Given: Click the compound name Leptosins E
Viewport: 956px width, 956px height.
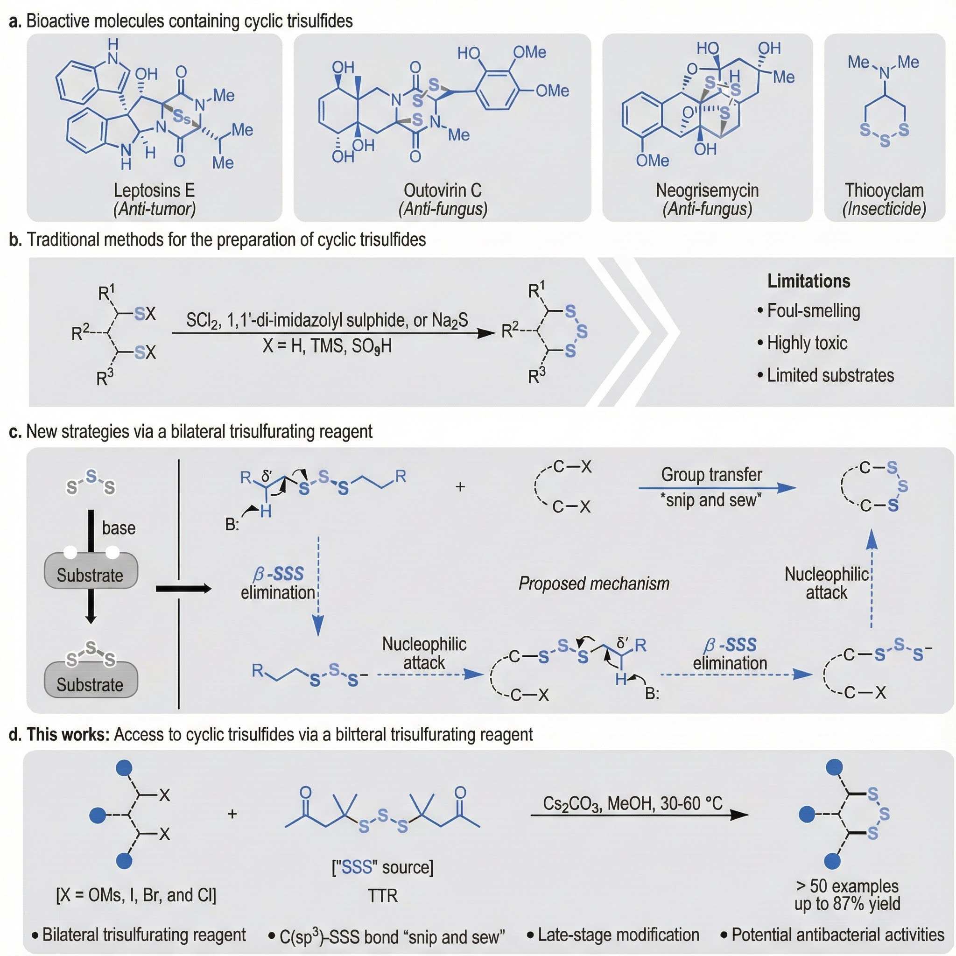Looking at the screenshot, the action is click(155, 190).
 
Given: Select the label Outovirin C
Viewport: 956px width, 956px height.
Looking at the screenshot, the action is click(443, 190).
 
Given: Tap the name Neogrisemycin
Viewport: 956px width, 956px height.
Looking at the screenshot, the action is click(707, 190).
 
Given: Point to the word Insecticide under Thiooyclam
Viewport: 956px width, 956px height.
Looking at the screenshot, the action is click(884, 209).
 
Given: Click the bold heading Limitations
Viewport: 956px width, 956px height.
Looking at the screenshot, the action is click(808, 281).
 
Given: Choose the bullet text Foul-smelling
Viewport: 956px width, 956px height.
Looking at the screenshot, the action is click(814, 311).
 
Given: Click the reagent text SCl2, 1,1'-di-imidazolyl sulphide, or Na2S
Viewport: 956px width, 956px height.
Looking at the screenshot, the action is click(327, 321).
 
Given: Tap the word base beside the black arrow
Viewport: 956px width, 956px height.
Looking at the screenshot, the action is click(119, 528).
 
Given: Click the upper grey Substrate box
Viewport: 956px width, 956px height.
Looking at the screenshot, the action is click(91, 571).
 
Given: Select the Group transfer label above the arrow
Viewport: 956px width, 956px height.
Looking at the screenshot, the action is click(711, 475).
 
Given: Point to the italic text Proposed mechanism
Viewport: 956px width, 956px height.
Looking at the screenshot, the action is click(594, 584).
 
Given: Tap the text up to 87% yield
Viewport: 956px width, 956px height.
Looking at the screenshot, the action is click(847, 904).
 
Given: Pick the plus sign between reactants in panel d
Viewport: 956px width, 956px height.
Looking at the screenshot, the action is click(232, 814).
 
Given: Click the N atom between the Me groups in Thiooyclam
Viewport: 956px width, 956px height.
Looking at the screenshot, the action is click(884, 74).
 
